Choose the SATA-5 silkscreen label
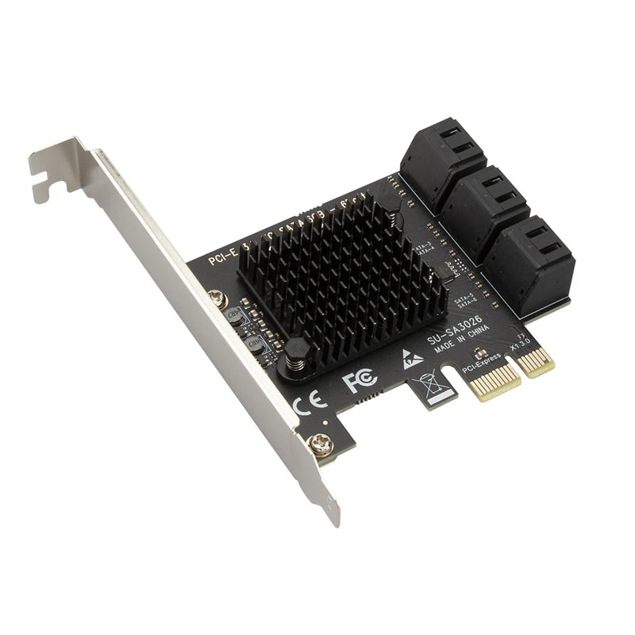[465, 298]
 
